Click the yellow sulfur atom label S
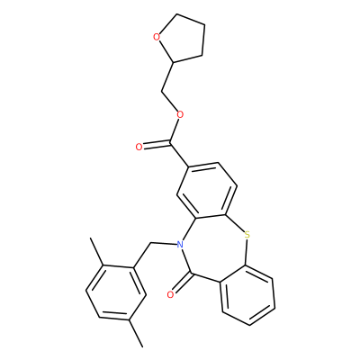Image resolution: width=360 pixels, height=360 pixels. click(x=247, y=235)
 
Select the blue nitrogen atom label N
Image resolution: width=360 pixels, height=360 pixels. click(x=180, y=245)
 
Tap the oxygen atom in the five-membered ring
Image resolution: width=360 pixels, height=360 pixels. click(x=156, y=37)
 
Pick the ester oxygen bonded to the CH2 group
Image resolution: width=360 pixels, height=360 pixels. click(x=180, y=114)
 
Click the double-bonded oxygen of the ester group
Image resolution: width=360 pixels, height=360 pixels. click(x=139, y=147)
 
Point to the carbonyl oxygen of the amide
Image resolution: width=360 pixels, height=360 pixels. click(x=170, y=295)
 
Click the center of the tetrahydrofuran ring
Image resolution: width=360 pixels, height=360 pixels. click(x=182, y=39)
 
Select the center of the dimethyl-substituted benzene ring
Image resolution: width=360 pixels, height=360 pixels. click(x=116, y=292)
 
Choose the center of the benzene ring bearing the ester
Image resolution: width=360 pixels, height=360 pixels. click(x=207, y=191)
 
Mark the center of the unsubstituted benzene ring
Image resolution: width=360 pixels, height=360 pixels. click(x=247, y=295)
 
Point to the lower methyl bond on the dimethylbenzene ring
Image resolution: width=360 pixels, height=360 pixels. click(x=136, y=333)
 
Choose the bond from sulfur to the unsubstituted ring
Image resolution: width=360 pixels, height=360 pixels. click(x=247, y=252)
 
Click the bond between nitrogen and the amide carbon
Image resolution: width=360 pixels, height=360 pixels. click(x=185, y=260)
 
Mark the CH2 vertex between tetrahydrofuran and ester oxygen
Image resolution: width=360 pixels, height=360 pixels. click(x=162, y=90)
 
